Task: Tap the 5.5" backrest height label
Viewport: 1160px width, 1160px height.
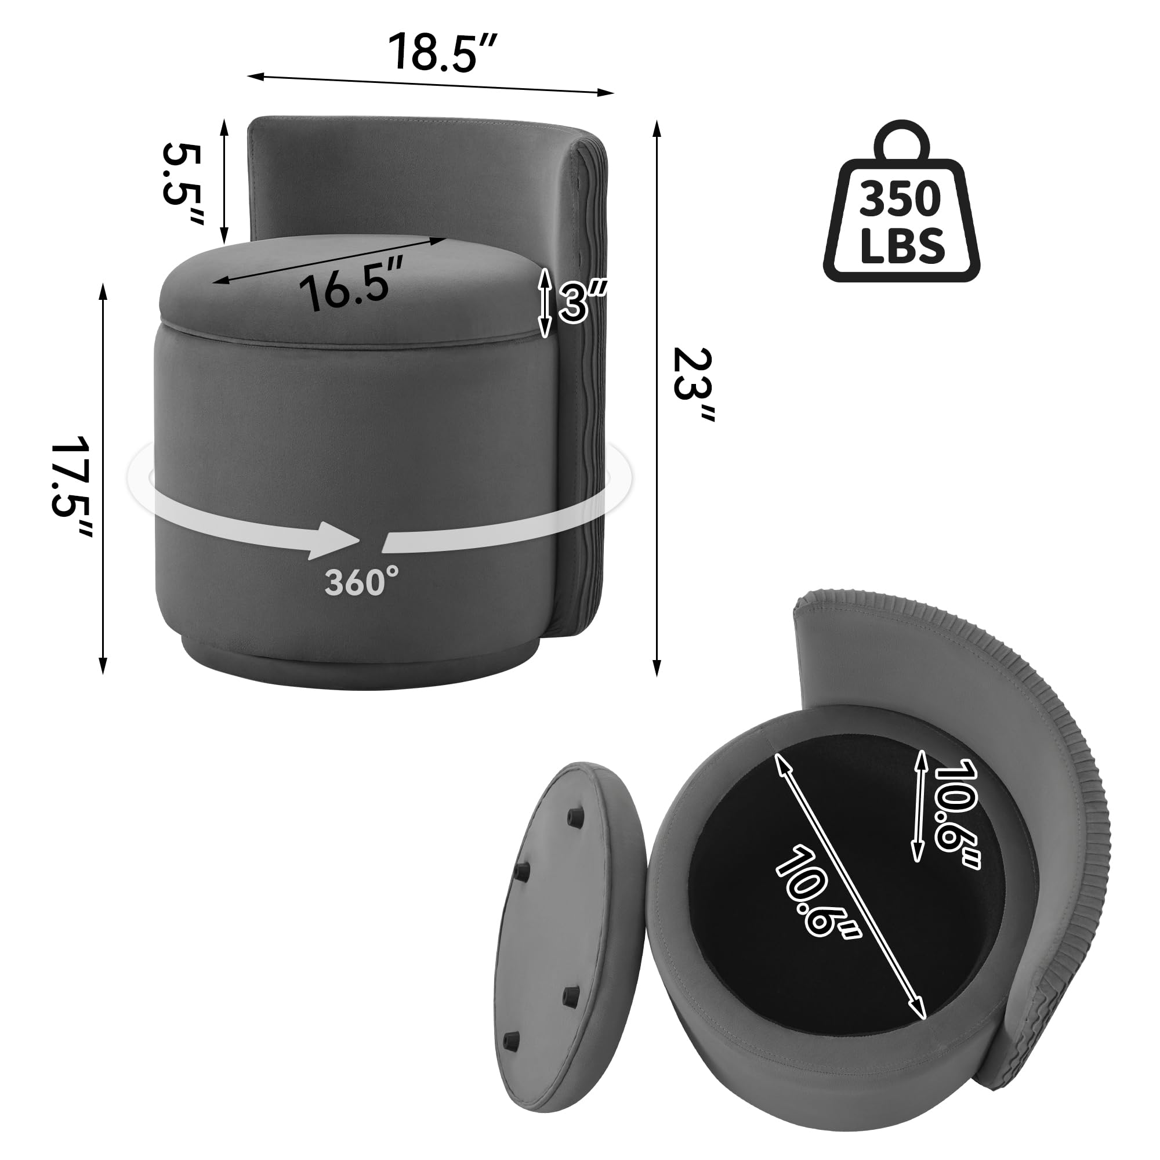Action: click(183, 183)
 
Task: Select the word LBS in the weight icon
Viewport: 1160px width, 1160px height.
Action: click(902, 246)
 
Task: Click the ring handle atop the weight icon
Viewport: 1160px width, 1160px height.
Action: click(901, 139)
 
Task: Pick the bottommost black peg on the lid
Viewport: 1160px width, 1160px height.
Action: click(510, 1038)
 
